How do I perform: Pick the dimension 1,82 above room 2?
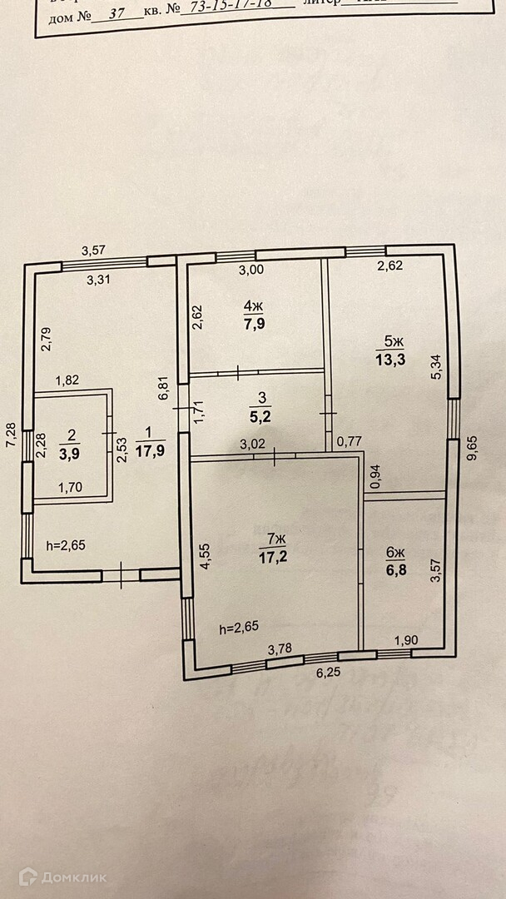click(x=68, y=380)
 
